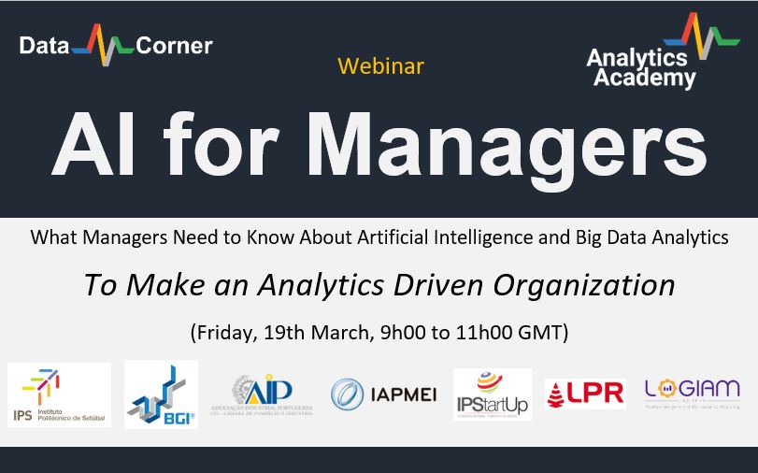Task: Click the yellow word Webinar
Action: pos(380,66)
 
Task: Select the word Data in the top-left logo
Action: pos(45,45)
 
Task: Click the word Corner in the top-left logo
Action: pos(174,45)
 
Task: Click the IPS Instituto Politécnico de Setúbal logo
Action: pos(59,394)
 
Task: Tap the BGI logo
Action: pos(161,394)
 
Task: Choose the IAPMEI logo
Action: pos(384,394)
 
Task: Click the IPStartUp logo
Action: pos(492,394)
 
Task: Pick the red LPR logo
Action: pos(585,394)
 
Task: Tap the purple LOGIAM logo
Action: pos(692,393)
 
